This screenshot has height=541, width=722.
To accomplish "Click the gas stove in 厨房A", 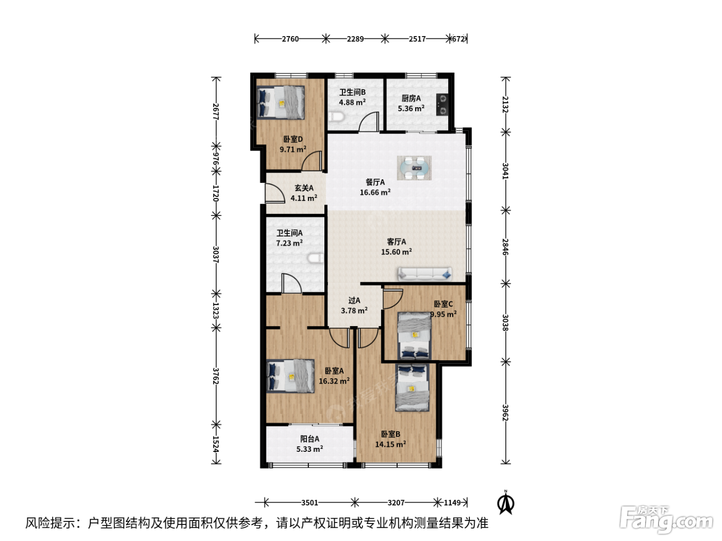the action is tap(442, 105).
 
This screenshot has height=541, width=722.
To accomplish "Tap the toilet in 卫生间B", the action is tap(336, 116).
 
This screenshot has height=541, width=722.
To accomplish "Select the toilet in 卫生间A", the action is tap(316, 258).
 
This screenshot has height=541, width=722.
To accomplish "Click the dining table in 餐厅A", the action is tap(414, 168).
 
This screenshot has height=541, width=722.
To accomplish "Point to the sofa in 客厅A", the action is tap(425, 274).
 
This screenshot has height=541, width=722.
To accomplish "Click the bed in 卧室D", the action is tap(281, 102).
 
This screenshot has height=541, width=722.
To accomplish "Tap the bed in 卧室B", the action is tap(412, 387).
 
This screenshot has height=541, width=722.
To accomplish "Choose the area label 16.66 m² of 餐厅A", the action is tap(375, 192).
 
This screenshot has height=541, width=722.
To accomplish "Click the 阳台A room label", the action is tap(309, 438).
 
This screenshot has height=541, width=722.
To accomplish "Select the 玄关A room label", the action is tap(304, 188).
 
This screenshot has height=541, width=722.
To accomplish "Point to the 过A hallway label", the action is tap(354, 300).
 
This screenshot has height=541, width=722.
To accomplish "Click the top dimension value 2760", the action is tap(290, 39).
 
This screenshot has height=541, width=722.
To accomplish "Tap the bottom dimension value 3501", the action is tap(309, 502).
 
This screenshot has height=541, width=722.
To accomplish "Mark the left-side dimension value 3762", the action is tap(216, 376).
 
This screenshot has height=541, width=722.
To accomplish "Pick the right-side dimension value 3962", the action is tap(505, 413).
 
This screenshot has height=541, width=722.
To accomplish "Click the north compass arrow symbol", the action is tap(506, 502).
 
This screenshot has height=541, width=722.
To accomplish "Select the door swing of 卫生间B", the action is tap(369, 122).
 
